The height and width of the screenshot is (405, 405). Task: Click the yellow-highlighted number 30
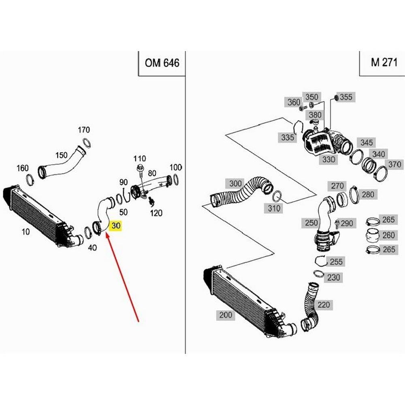tap(116, 226)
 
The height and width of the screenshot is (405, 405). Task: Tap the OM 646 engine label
tap(162, 63)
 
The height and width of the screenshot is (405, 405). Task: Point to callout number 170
tap(84, 130)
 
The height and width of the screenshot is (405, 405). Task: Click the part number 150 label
tap(62, 155)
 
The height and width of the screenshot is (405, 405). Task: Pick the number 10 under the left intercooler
tap(26, 231)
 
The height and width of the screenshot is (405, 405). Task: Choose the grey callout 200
tap(226, 314)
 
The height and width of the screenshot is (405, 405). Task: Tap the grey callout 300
tap(235, 183)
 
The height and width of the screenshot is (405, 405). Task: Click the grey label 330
tap(328, 159)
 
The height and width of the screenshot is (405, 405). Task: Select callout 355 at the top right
tap(346, 97)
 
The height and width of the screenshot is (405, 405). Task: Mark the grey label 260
tap(388, 235)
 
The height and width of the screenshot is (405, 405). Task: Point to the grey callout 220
tap(324, 305)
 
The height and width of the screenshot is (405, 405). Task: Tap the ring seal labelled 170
tap(86, 143)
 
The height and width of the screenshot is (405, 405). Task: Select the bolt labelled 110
tap(141, 170)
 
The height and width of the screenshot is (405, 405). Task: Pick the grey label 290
tap(347, 223)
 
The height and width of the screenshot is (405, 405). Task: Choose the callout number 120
tap(156, 213)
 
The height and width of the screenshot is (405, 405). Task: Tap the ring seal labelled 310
tap(277, 196)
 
